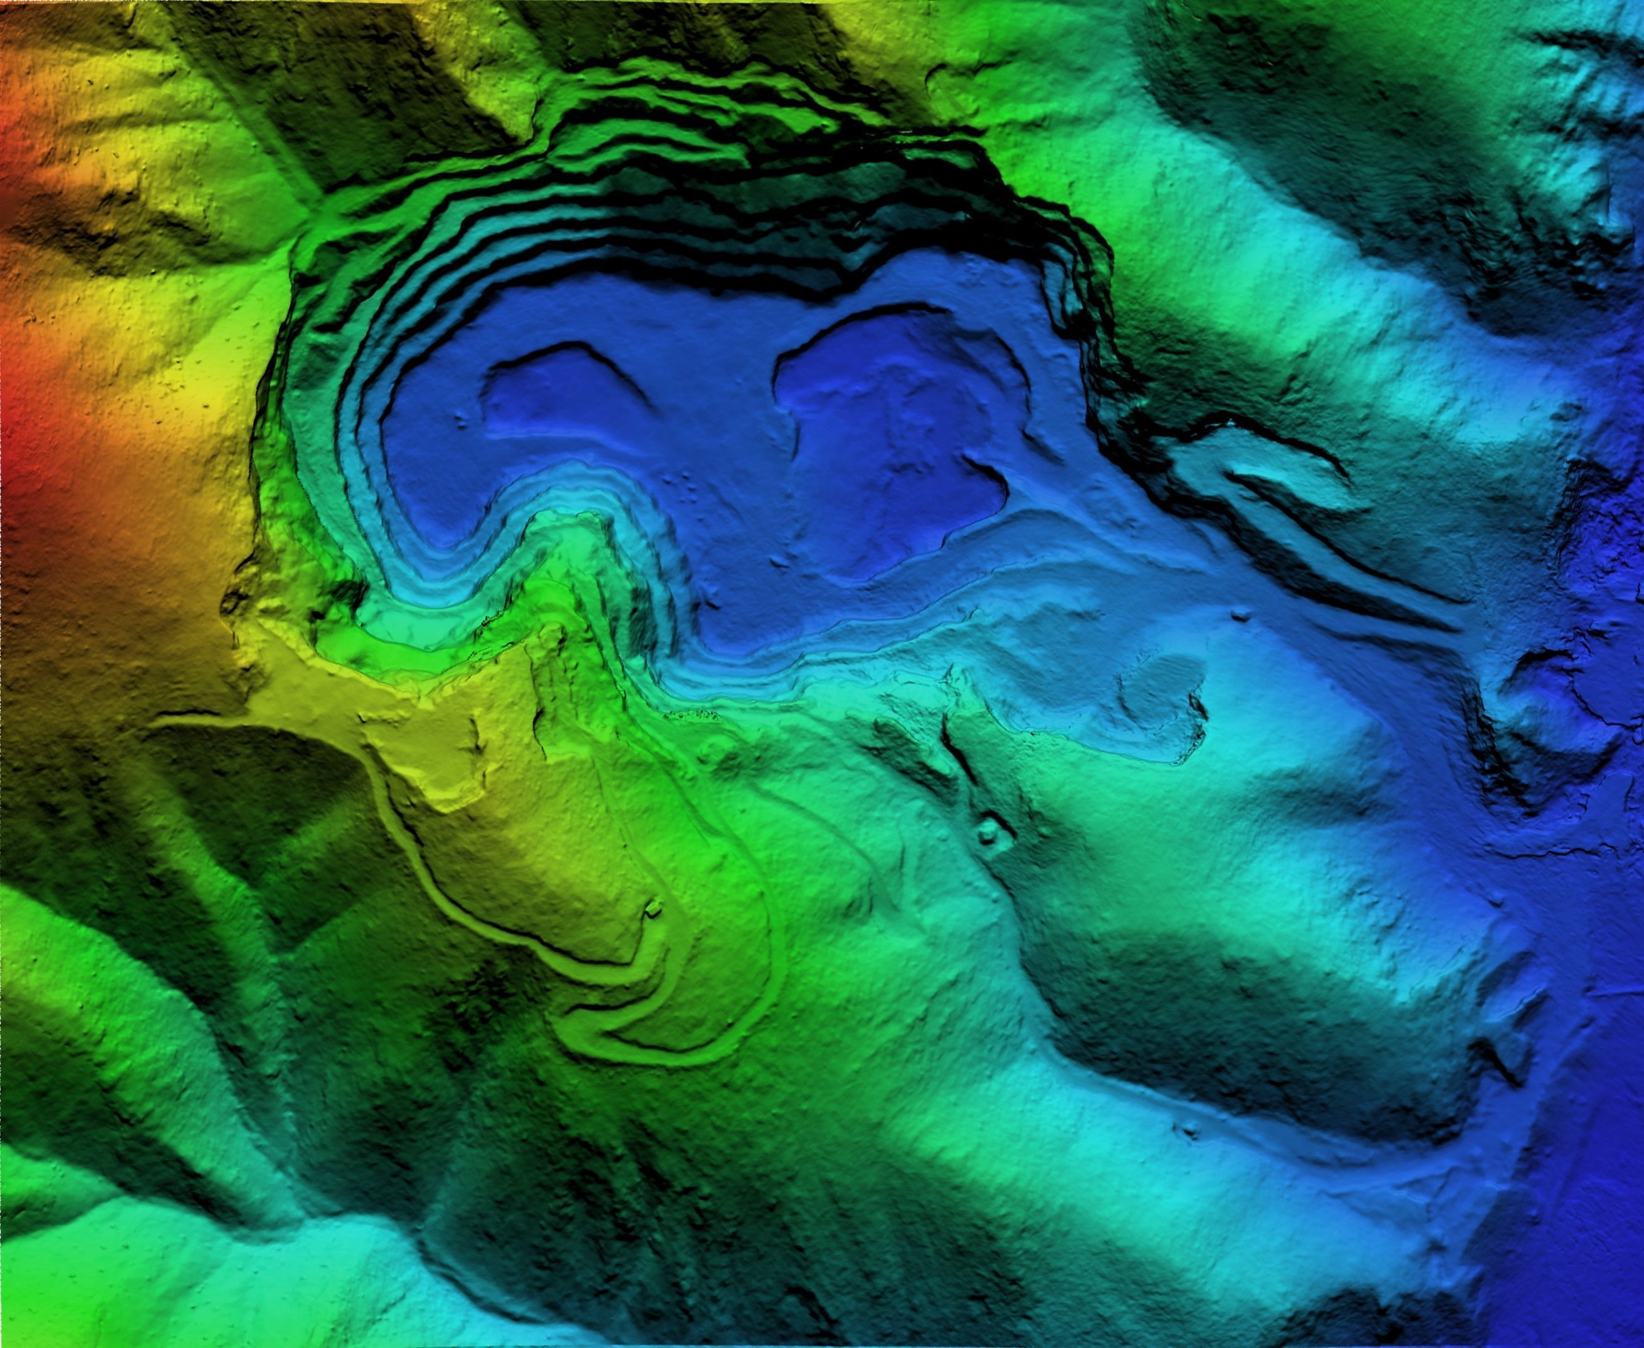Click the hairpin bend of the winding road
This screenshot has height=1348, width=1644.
(x=574, y=1009)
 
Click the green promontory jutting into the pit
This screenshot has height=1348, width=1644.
(x=559, y=559)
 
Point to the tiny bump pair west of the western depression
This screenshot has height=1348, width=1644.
(x=463, y=419)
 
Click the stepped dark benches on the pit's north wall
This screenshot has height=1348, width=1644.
(x=698, y=179)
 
